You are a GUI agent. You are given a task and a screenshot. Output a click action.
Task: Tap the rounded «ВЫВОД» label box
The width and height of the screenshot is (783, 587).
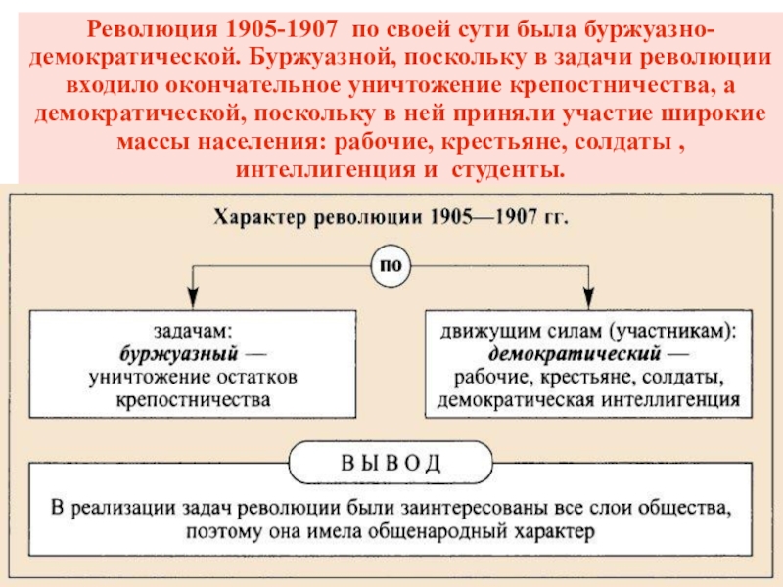point(391,461)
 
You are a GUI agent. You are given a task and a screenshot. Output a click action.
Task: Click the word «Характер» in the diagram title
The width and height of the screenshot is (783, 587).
point(257,217)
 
